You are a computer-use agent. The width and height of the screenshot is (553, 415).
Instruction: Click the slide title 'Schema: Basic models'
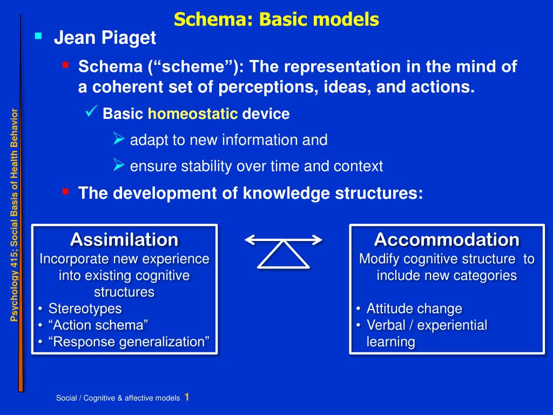(276, 19)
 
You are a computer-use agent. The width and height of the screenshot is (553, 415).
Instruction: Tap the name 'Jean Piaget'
(105, 38)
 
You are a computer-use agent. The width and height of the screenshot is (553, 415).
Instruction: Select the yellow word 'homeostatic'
(193, 113)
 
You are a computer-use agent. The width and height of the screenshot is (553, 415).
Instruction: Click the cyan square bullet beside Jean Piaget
(38, 36)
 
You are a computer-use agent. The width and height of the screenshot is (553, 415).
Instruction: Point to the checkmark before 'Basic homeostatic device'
(91, 111)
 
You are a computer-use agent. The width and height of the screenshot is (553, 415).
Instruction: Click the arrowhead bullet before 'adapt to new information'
(119, 138)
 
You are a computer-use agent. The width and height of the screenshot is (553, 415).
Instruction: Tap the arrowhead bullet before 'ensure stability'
(119, 164)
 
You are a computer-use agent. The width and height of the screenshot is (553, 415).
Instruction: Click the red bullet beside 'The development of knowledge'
(65, 192)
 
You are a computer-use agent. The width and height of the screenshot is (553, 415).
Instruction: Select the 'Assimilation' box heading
(124, 239)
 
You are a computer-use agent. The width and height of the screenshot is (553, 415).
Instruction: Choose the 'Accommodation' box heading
(447, 239)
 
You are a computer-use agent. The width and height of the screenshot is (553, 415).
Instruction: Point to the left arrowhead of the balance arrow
(249, 240)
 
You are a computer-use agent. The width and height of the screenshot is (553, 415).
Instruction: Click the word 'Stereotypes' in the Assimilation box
(85, 309)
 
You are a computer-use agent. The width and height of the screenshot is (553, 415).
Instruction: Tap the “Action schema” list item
(98, 325)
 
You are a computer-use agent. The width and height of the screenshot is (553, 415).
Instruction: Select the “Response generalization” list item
(129, 342)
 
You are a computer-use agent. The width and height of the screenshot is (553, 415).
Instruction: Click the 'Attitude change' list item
(414, 309)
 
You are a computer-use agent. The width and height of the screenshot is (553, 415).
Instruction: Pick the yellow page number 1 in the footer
(186, 397)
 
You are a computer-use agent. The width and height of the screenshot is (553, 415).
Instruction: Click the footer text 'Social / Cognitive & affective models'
(118, 398)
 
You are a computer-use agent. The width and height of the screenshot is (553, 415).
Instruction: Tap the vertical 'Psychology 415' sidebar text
(14, 215)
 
